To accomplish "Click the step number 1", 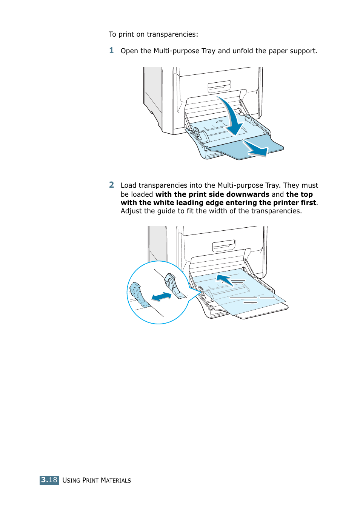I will click(x=111, y=51).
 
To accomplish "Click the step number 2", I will click(x=111, y=185).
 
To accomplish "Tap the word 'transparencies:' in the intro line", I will click(x=172, y=34).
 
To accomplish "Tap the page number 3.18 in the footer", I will click(x=49, y=480).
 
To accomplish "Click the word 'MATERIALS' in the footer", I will click(x=116, y=480).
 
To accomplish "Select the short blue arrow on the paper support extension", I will click(x=255, y=148).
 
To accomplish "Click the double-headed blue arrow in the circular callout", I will click(x=162, y=297).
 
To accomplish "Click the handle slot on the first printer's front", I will click(x=219, y=86).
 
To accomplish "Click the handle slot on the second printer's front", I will click(x=223, y=245).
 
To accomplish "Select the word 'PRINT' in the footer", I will click(x=91, y=480).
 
